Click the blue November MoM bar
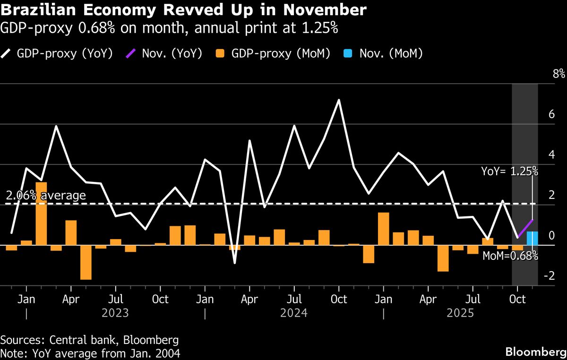532,239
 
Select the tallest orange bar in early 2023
41,214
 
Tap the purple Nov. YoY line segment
525,229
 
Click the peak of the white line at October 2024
339,100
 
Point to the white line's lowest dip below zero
235,262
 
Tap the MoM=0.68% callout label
509,256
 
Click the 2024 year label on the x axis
294,313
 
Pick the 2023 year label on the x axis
115,313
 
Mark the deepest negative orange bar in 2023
86,262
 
